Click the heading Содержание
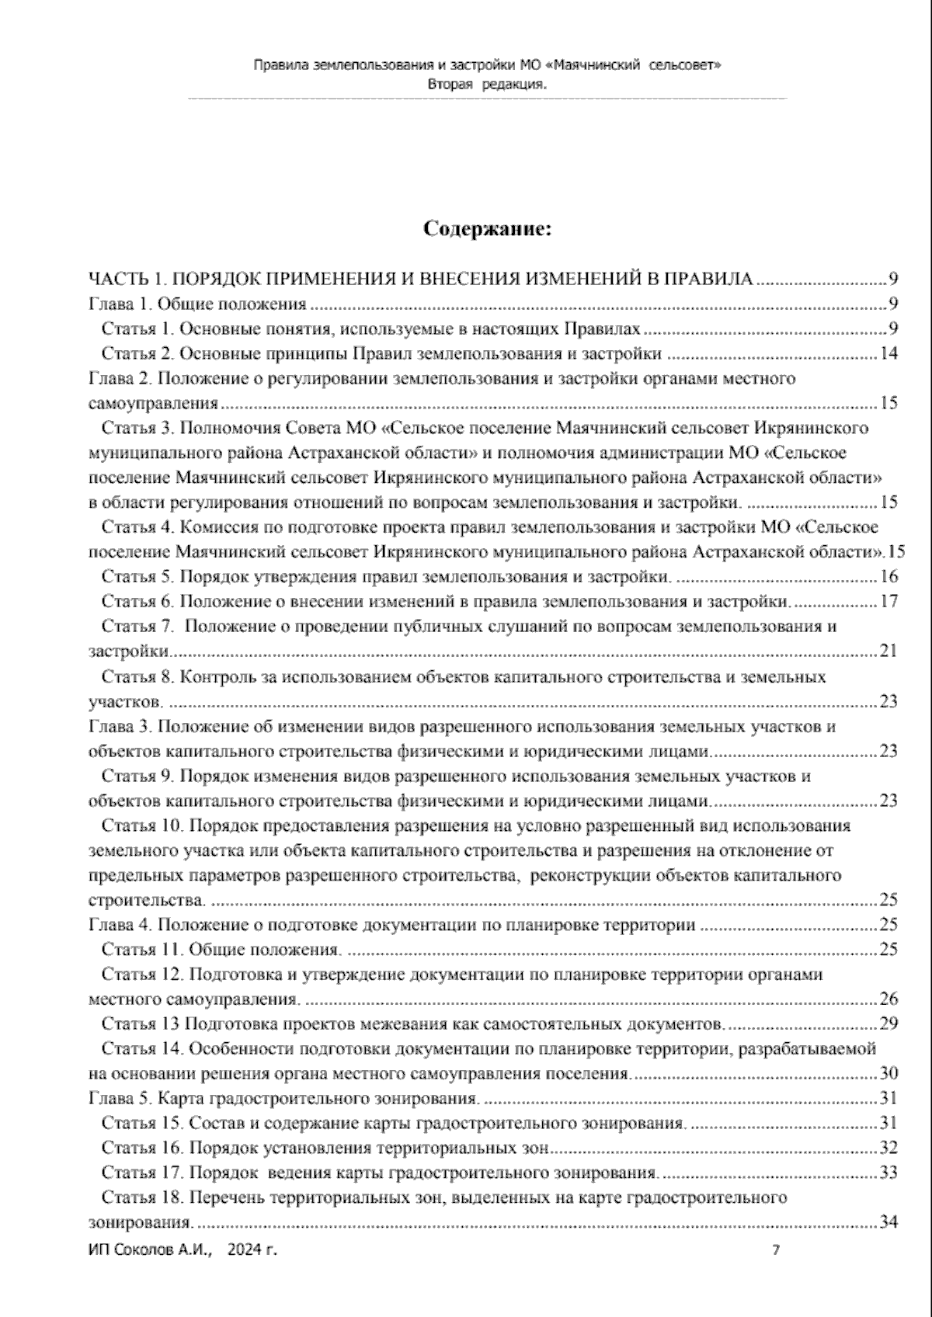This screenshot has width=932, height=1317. tap(487, 229)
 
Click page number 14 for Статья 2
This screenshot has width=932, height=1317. tap(889, 354)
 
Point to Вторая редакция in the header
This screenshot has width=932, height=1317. tap(486, 85)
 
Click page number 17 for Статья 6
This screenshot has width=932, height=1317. tap(889, 601)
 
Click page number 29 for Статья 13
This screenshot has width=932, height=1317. tap(889, 1023)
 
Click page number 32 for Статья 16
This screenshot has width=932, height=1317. tap(889, 1148)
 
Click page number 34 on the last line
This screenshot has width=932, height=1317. tap(889, 1222)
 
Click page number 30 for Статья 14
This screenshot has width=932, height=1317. tap(889, 1073)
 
